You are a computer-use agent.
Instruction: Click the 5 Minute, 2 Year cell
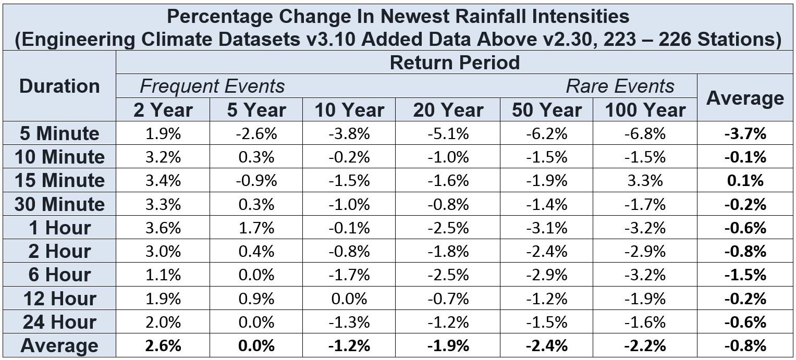163,133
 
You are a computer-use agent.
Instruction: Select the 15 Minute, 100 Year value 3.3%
645,180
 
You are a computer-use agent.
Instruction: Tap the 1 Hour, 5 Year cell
256,228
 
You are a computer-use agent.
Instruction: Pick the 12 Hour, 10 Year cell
349,299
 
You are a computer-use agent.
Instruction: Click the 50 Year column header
546,110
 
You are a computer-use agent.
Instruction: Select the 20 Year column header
448,110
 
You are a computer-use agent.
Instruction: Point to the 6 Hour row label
59,275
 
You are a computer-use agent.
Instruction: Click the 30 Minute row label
59,204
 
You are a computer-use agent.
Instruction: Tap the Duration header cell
59,86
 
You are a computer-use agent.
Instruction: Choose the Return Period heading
455,63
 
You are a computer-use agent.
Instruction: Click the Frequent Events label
212,86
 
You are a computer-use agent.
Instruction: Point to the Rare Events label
620,86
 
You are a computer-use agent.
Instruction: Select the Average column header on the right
745,98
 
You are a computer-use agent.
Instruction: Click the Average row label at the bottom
59,346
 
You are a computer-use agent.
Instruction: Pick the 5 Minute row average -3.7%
745,133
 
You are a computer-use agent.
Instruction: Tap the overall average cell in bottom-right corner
745,345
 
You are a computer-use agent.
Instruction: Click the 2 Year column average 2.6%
163,345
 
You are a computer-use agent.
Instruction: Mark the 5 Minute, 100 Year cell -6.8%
645,133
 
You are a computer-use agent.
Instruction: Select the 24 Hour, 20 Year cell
448,322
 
